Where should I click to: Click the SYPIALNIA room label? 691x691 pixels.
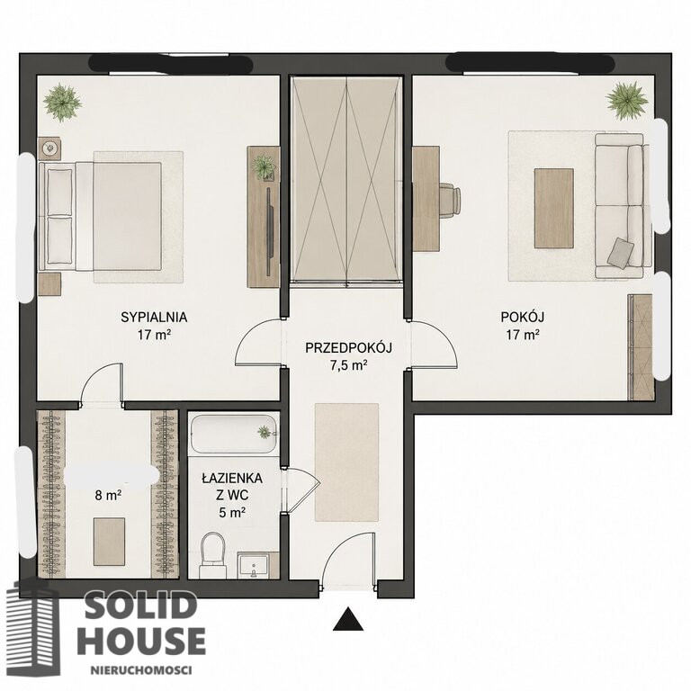154,318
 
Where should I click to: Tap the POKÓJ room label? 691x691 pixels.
522,317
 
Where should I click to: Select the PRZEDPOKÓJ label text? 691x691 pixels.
348,348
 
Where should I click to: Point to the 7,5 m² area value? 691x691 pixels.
348,365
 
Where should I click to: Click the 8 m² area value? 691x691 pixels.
108,496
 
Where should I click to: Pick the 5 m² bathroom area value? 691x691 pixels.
232,513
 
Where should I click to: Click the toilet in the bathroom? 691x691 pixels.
213,555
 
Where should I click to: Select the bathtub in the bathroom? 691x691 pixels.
234,433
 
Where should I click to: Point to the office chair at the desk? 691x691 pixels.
450,200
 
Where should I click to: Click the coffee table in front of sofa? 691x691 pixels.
553,209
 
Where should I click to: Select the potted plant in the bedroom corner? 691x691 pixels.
62,103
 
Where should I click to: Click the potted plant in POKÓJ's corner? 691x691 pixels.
626,101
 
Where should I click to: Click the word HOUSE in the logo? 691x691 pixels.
141,641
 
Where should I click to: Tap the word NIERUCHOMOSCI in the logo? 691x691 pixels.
141,670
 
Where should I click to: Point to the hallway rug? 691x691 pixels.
346,462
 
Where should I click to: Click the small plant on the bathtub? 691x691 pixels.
265,432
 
